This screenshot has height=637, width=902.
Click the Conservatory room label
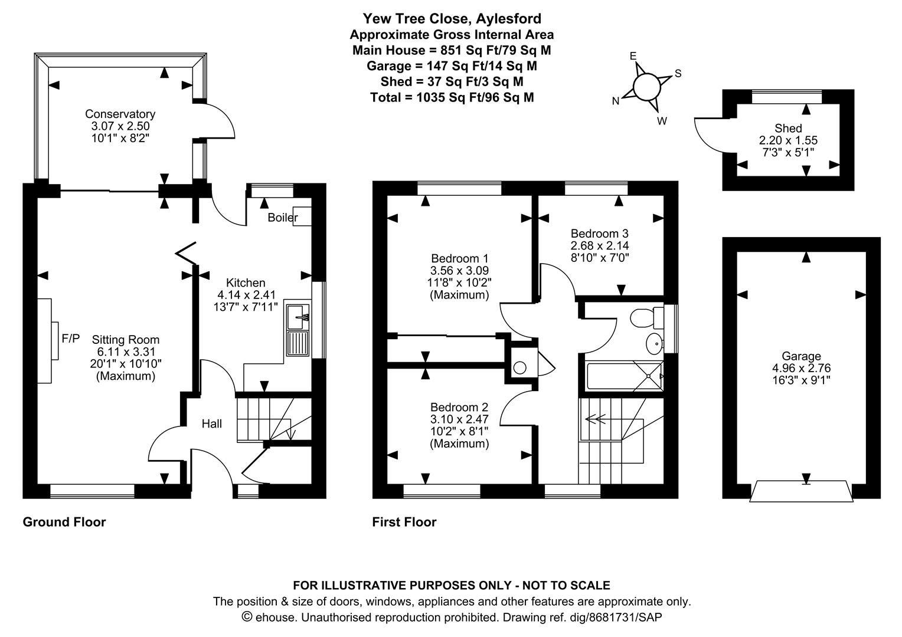(x=120, y=114)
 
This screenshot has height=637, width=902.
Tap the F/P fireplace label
(x=70, y=339)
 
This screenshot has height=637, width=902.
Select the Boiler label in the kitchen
(x=282, y=218)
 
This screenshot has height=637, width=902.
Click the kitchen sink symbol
(x=298, y=317)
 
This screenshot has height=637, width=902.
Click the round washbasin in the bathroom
(x=654, y=343)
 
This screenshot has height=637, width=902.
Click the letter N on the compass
(x=616, y=101)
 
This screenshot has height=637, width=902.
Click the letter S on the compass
(x=678, y=74)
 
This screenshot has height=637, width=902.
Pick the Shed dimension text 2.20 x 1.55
(x=788, y=140)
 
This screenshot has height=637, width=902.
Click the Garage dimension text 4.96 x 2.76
(x=801, y=368)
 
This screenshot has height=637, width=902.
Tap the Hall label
(x=212, y=423)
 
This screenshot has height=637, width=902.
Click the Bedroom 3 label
(x=595, y=233)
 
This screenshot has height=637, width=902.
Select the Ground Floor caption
(x=64, y=522)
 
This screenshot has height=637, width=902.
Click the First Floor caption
(x=404, y=522)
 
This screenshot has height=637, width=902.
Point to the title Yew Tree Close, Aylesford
(x=452, y=19)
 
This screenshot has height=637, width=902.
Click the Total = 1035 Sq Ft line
(x=452, y=97)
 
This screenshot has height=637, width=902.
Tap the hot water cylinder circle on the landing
(x=520, y=368)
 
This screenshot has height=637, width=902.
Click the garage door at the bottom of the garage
(x=801, y=491)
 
